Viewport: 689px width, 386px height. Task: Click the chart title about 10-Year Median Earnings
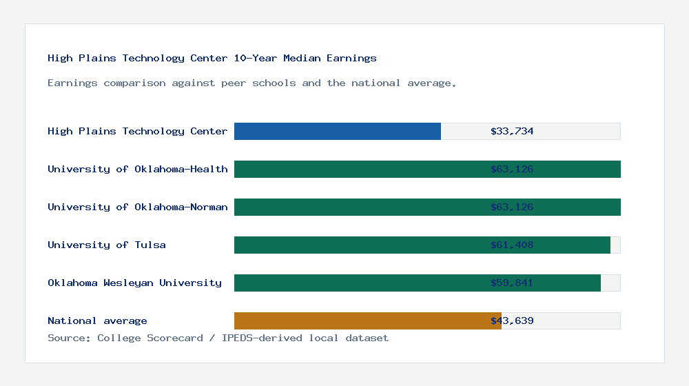point(212,58)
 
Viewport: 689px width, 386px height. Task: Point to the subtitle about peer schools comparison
point(252,83)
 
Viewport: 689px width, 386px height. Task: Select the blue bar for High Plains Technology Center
point(338,131)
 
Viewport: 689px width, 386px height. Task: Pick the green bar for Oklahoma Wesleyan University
point(358,283)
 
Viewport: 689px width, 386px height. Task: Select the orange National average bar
point(358,321)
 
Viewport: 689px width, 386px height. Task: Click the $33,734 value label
point(512,131)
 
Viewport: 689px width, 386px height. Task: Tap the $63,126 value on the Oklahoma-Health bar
point(512,169)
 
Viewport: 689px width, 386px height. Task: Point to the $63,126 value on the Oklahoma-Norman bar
point(512,207)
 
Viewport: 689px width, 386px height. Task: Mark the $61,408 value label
point(512,245)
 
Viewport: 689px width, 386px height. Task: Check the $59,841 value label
point(512,283)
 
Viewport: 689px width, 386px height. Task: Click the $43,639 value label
point(512,321)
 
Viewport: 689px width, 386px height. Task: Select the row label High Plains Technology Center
point(137,131)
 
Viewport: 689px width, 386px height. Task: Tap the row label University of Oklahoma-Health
point(137,169)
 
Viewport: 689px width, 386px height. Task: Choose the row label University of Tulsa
point(107,245)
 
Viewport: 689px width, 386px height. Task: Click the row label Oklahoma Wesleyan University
point(134,283)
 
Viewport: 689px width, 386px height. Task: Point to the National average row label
point(97,321)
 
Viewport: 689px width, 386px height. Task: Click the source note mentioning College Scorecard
point(218,338)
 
